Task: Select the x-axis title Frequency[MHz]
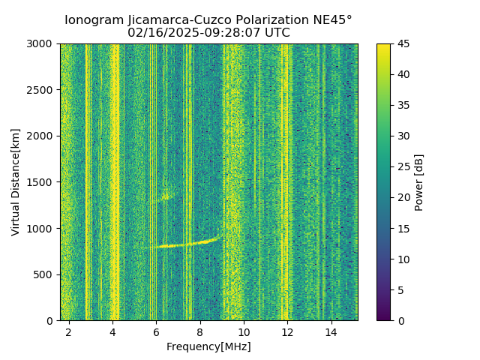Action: coord(209,346)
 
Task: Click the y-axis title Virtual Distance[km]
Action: coord(16,182)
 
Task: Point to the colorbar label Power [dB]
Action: coord(419,182)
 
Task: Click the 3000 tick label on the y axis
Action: coord(42,43)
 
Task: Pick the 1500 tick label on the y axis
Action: coord(42,182)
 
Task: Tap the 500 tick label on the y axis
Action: coord(45,274)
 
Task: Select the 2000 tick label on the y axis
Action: coord(42,136)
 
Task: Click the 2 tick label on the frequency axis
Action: coord(69,332)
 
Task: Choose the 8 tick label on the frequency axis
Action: coord(200,332)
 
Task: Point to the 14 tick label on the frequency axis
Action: coord(331,332)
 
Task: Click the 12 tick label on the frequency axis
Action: coord(288,332)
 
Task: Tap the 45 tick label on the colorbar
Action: coord(404,43)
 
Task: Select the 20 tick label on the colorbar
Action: coord(404,197)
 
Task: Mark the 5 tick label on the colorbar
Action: coord(401,289)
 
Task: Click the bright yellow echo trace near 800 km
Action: coord(180,244)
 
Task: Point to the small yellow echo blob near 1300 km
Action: coord(165,198)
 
